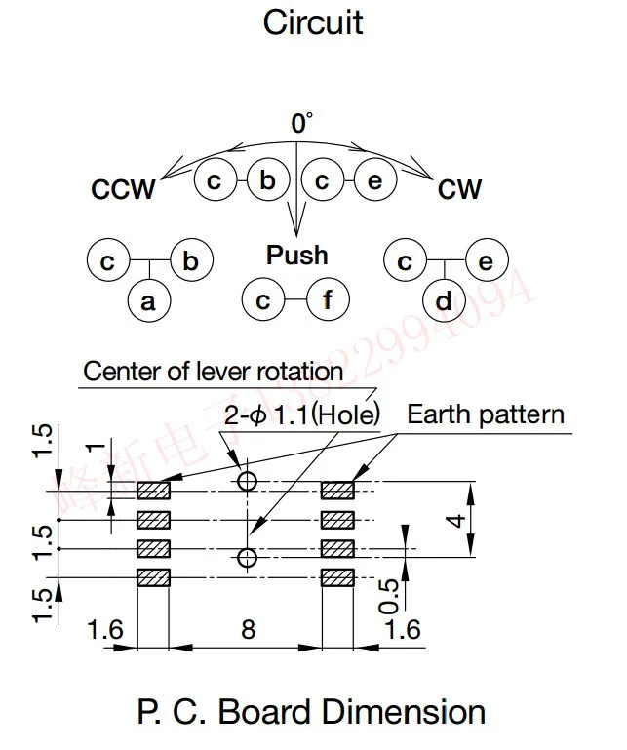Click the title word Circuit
coord(312,22)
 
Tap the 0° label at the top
coord(301,124)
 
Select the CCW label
coord(123,189)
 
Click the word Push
coord(297,256)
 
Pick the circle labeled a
coord(148,302)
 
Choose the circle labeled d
coord(444,302)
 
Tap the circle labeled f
coord(328,301)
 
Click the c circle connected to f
coord(263,301)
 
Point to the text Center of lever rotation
coord(213,372)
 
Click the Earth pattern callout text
coord(485,414)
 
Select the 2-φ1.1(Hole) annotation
coord(301,414)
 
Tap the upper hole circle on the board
coord(247,481)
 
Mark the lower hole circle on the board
coord(247,558)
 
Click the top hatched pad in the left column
coord(153,490)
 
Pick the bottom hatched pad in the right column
coord(337,577)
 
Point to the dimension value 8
coord(248,629)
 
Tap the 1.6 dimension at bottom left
coord(104,629)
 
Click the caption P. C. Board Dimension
coord(312,712)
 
